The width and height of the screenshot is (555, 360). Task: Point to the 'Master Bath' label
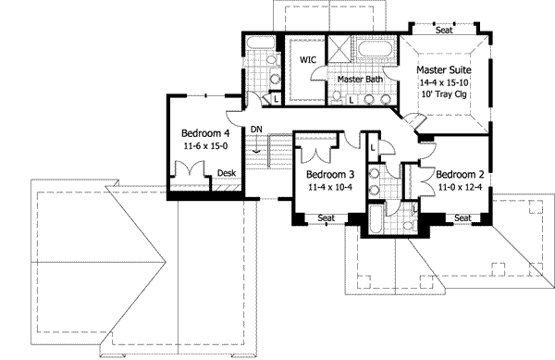coord(360,80)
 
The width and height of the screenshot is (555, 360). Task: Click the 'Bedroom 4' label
coord(204,132)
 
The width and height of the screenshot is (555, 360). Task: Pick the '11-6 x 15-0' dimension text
coord(204,145)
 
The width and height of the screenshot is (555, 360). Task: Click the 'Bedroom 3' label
coord(331,175)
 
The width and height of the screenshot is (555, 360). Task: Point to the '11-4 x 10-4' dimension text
coord(331,188)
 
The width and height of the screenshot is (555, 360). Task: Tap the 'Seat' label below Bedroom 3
coord(326,218)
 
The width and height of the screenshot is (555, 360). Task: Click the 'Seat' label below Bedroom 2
coord(463,218)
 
